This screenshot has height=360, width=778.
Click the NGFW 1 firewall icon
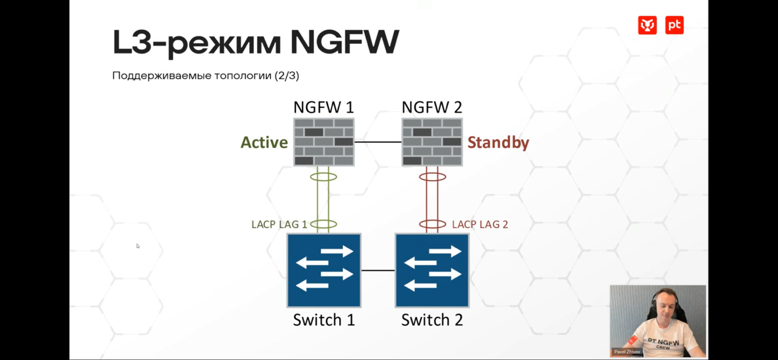[x=323, y=142]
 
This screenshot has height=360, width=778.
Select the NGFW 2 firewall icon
[x=432, y=142]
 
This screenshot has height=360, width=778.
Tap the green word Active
[x=264, y=142]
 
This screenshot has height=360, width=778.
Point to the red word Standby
[x=498, y=142]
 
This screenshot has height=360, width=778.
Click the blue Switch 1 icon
[x=324, y=270]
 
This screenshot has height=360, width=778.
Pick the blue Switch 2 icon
[x=432, y=270]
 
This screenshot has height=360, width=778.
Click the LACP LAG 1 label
[x=279, y=224]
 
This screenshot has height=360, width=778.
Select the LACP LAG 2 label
[x=480, y=224]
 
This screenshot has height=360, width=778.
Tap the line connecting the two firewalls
[x=377, y=142]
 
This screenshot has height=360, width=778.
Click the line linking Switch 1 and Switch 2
[x=377, y=270]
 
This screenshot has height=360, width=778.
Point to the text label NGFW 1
[x=323, y=108]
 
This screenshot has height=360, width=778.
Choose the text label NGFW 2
[x=432, y=108]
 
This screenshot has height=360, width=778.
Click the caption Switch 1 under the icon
[x=323, y=320]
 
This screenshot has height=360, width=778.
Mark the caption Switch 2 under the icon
[x=432, y=320]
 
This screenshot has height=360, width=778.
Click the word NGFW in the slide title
[x=344, y=43]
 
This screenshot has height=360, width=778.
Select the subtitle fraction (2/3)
[x=287, y=76]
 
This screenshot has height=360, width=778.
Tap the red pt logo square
[x=674, y=25]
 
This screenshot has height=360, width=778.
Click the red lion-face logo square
[x=647, y=25]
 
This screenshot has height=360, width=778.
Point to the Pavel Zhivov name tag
[x=626, y=352]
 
